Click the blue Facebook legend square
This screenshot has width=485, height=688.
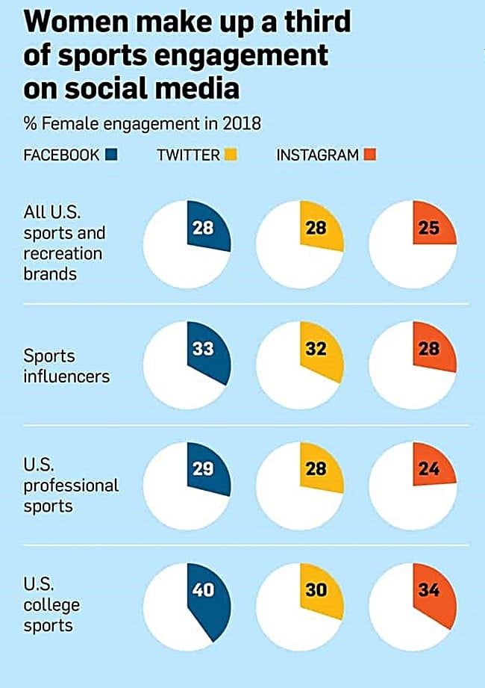coord(111,155)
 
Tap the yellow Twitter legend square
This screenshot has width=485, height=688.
coord(231,155)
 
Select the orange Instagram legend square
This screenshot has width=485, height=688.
coord(369,155)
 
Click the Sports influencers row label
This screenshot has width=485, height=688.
coord(66,365)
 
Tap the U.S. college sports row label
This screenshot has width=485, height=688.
coord(51,604)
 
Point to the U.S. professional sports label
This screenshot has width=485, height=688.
coord(70,485)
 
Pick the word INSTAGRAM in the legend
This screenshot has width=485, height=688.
coord(317,155)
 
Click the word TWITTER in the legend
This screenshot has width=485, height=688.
coord(188,155)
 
